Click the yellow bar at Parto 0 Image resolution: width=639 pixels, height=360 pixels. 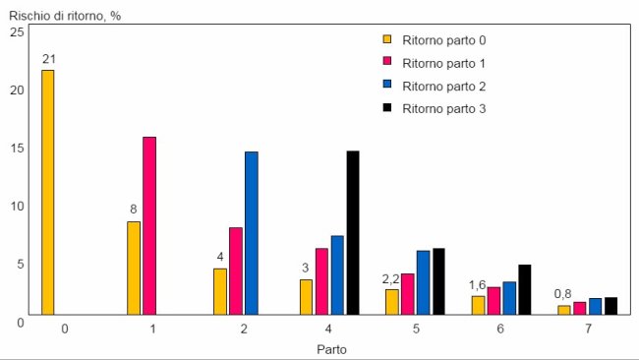(47, 192)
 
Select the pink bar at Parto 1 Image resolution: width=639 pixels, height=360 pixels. (149, 225)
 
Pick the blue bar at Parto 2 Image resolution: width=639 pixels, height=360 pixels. (252, 233)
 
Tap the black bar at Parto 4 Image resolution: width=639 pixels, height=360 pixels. (353, 232)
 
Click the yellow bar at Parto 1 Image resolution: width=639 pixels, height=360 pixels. (134, 268)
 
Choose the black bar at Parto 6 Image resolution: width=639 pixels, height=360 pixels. (525, 289)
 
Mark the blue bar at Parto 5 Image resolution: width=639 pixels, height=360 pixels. (423, 282)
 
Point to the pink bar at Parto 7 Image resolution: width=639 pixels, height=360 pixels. (579, 308)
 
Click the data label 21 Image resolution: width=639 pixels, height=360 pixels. (47, 60)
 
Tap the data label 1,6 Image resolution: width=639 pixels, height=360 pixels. (479, 285)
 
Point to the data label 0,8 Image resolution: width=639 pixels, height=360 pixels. (563, 294)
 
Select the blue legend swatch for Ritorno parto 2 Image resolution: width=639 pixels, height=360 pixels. (387, 86)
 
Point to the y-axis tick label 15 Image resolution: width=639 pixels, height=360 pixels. (16, 148)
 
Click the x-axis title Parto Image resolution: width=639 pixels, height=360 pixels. (331, 348)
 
